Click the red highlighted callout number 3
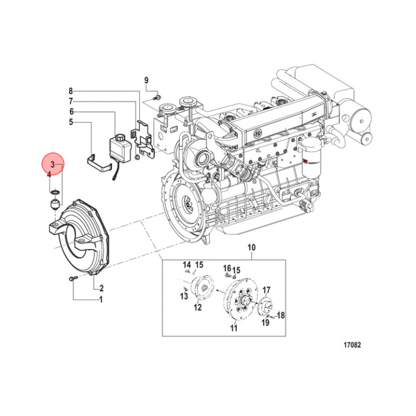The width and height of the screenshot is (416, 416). [x=53, y=165]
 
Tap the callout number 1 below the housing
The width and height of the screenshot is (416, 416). [x=100, y=299]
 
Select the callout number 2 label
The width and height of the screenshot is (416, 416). [x=101, y=288]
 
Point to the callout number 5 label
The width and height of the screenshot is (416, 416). [x=71, y=122]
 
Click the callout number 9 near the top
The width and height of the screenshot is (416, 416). [x=147, y=79]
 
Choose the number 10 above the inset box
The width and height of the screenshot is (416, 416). [x=251, y=248]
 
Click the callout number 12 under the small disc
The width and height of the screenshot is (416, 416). [x=198, y=307]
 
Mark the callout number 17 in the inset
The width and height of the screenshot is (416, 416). [x=266, y=290]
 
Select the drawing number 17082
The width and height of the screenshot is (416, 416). [x=350, y=346]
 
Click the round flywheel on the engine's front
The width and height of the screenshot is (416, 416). [x=187, y=203]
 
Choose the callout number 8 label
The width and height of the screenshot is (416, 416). [x=71, y=91]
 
